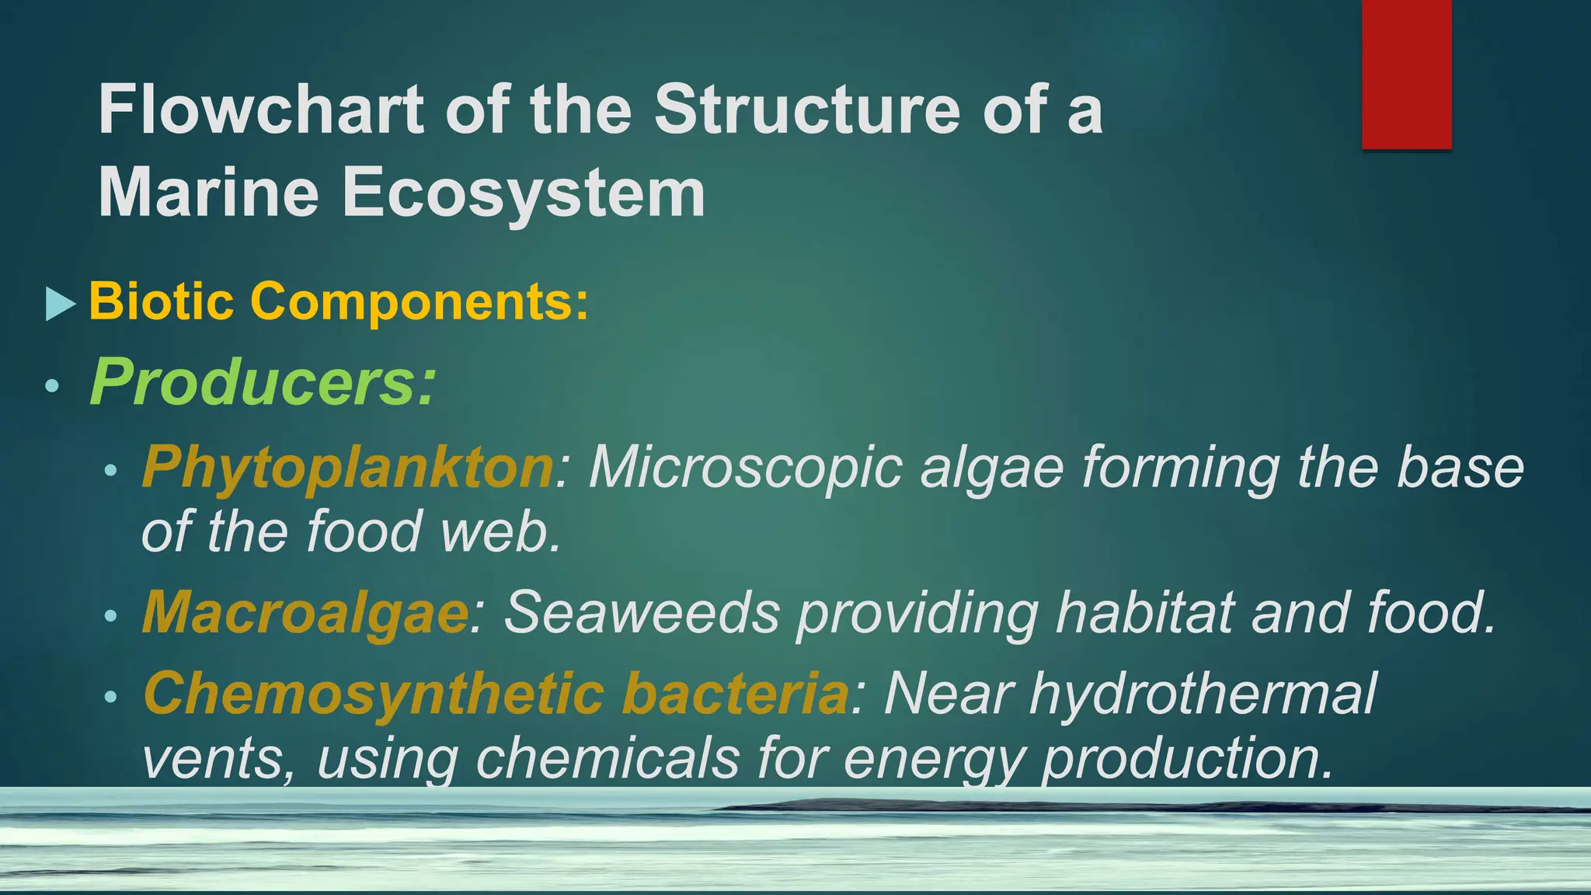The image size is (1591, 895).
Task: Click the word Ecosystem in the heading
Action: point(524,193)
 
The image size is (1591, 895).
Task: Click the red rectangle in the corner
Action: point(1406,74)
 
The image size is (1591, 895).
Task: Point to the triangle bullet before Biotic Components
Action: point(61,304)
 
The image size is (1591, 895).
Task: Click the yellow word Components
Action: point(420,302)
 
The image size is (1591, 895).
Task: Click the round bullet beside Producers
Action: point(52,385)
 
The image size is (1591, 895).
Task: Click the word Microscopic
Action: point(745,467)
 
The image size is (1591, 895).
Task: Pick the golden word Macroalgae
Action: point(305,613)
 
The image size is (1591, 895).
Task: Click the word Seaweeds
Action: point(642,613)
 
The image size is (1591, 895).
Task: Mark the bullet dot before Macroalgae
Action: point(110,617)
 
